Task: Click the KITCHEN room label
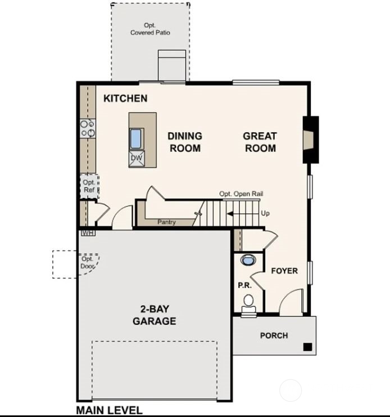click(125, 98)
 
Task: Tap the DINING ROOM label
click(185, 142)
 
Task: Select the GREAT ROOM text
click(260, 142)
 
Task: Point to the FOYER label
click(284, 271)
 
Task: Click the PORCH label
click(274, 335)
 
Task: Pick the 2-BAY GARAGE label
click(154, 315)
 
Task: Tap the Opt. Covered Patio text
click(150, 29)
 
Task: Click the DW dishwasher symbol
click(137, 158)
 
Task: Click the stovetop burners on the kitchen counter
click(88, 128)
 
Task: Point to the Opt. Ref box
click(89, 186)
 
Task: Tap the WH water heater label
click(87, 232)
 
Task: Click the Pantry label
click(166, 222)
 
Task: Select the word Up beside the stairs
click(265, 214)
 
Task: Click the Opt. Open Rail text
click(241, 194)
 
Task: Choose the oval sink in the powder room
click(247, 260)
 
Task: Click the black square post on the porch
click(307, 347)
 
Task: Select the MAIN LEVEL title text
click(109, 411)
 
